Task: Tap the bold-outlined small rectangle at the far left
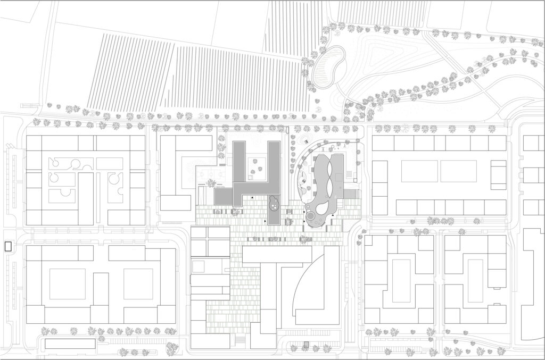(x=8, y=246)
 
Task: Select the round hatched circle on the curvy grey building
(x=309, y=216)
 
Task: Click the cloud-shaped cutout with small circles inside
(x=274, y=203)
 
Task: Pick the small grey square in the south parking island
(x=305, y=345)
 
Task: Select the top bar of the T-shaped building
(x=276, y=255)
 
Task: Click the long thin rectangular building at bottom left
(x=70, y=344)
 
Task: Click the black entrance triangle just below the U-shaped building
(x=251, y=198)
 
